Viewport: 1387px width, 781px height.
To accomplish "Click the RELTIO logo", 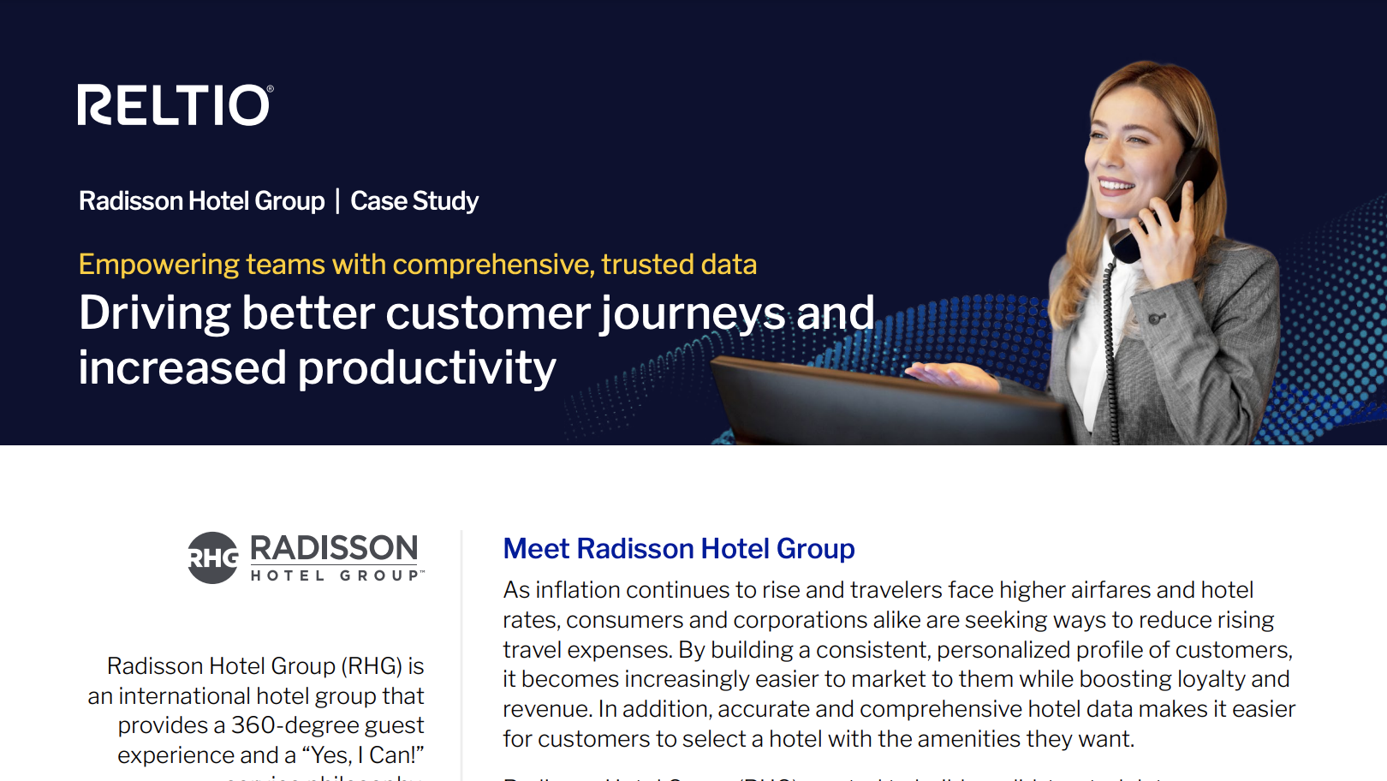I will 176,105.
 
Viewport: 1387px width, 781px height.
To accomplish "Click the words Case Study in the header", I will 414,201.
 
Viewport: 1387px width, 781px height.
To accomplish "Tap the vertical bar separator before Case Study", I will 337,201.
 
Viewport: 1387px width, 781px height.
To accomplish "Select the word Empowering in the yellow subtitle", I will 158,265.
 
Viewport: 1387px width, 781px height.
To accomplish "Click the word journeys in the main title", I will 692,313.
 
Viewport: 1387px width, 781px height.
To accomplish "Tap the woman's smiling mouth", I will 1116,185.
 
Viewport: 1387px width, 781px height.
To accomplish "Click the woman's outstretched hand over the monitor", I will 950,373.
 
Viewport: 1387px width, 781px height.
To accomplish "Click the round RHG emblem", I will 212,558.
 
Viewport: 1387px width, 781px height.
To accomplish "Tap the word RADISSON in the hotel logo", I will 334,548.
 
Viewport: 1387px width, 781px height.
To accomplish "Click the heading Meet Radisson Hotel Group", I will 678,549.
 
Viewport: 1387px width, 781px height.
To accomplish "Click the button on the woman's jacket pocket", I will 1156,319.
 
